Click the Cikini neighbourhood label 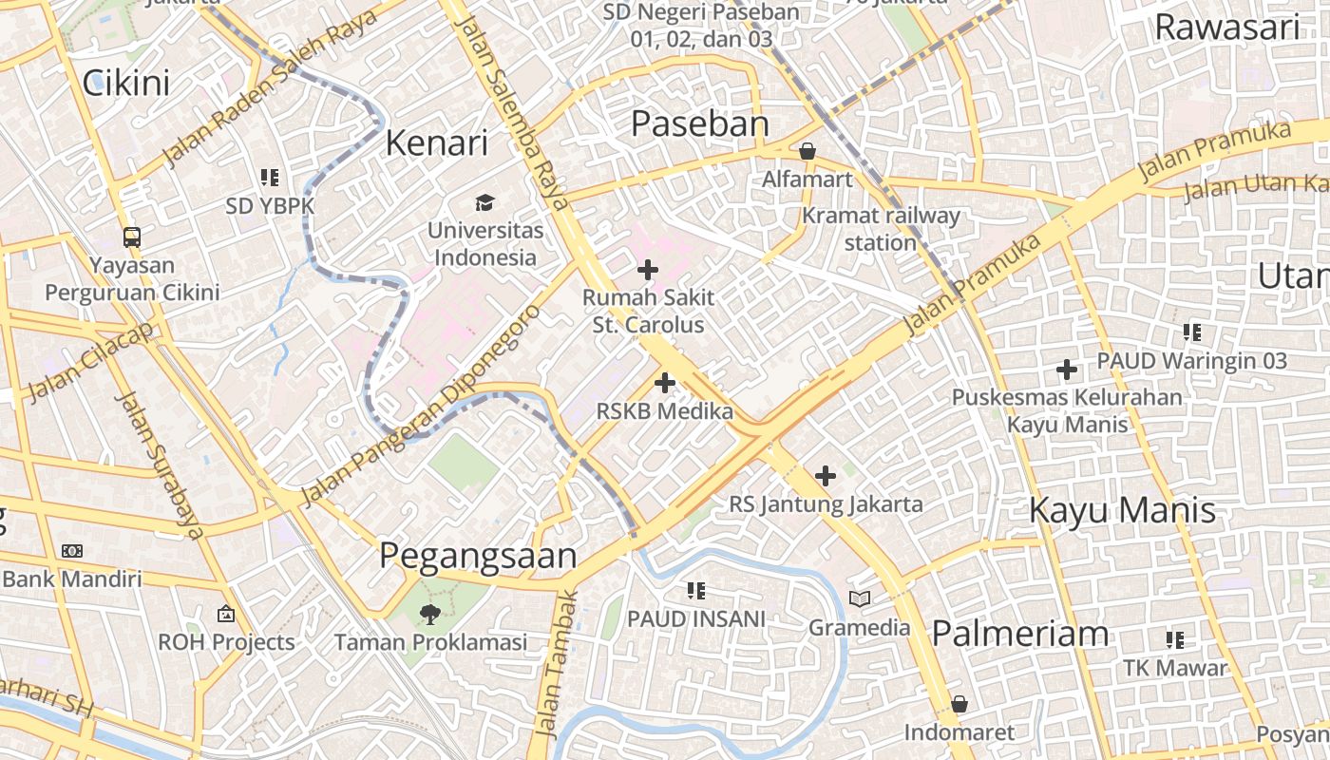(x=126, y=83)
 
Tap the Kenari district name (x=436, y=142)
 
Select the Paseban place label (x=699, y=123)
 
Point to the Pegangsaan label (x=478, y=556)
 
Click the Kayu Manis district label (x=1122, y=510)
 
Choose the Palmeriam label (x=1020, y=633)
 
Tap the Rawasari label (x=1225, y=28)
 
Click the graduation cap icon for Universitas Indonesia (x=484, y=202)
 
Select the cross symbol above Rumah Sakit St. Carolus (x=648, y=270)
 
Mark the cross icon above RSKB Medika (x=665, y=383)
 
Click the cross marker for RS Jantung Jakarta (x=826, y=475)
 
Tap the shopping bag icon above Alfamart (x=807, y=151)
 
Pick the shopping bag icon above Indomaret (x=959, y=704)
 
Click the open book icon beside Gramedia (x=860, y=598)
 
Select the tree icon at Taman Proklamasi (x=429, y=614)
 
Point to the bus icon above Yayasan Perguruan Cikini (x=132, y=237)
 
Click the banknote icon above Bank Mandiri (x=72, y=551)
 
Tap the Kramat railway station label (x=881, y=229)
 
